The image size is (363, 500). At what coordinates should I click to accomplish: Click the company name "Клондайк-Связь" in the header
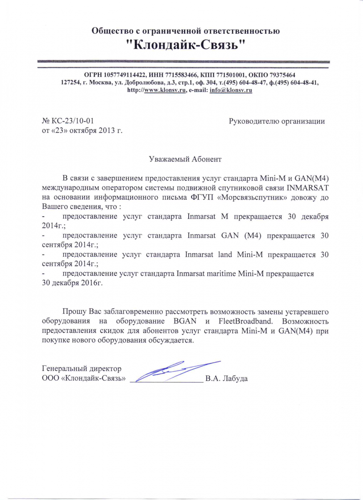point(185,45)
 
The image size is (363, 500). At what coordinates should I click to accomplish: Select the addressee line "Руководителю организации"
point(277,121)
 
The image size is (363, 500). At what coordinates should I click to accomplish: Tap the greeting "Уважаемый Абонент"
point(186,159)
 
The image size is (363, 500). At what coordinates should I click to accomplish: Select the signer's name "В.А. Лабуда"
point(227,379)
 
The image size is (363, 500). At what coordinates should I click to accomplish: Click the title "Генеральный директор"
point(82,369)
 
